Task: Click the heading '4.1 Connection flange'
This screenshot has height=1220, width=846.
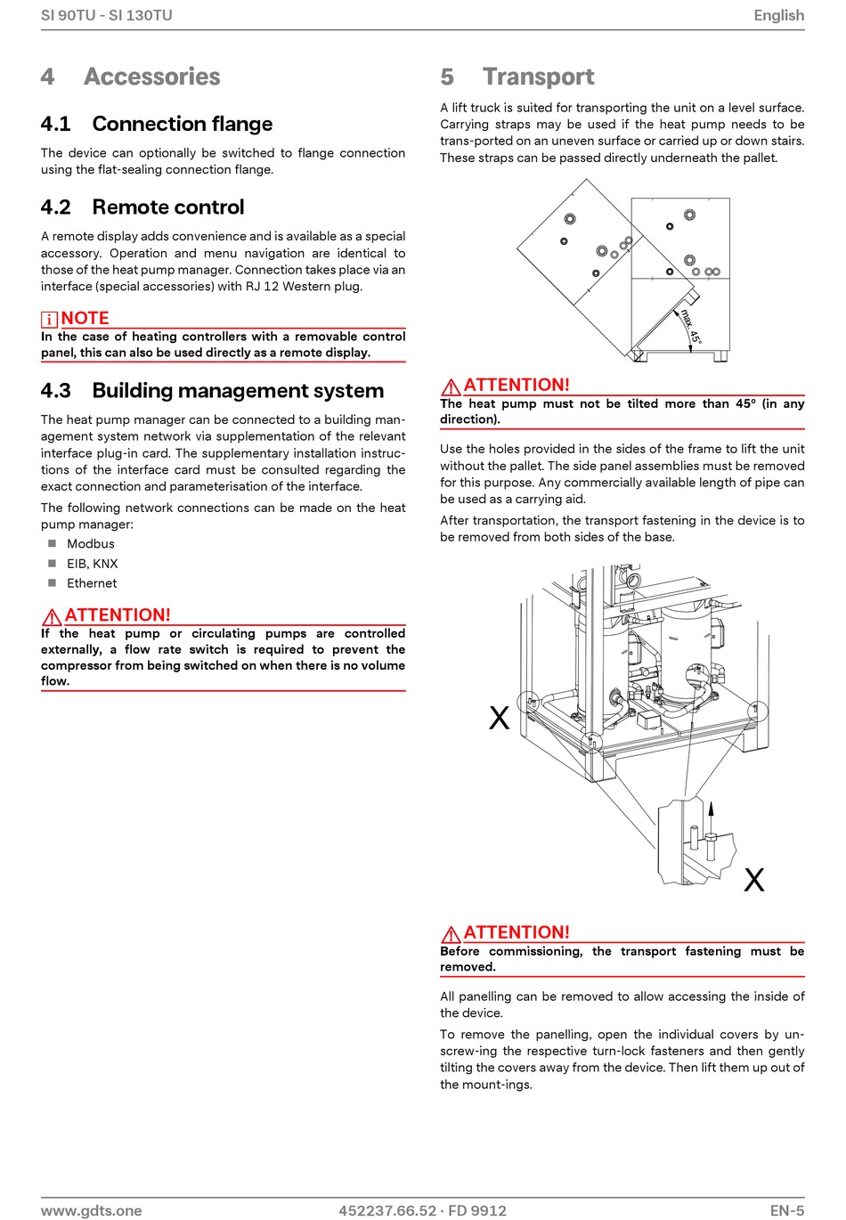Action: tap(157, 124)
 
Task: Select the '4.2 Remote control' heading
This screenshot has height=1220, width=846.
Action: tap(142, 207)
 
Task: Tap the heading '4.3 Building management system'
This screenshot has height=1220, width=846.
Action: tap(212, 391)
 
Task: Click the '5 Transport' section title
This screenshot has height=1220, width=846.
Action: tap(517, 77)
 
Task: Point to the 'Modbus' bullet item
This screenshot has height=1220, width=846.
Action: tap(91, 544)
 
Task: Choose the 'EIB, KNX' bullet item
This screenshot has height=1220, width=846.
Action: tap(93, 564)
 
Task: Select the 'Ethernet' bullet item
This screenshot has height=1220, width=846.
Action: tap(92, 583)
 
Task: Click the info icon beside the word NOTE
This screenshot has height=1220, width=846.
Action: tap(49, 319)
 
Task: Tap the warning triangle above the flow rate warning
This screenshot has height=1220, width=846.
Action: tap(52, 616)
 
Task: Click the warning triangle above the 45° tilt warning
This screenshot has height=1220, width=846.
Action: tap(451, 386)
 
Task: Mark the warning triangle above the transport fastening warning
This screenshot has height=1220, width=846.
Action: tap(451, 934)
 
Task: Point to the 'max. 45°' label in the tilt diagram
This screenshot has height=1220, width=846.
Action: tap(691, 327)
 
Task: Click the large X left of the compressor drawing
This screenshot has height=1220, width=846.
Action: tap(500, 718)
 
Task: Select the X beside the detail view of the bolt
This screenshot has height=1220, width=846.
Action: tap(754, 880)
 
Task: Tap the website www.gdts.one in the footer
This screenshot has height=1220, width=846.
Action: tap(92, 1210)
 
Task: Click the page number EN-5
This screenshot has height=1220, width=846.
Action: tap(787, 1210)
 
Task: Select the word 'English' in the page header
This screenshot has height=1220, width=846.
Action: tap(778, 15)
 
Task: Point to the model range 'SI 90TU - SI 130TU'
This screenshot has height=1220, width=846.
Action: tap(107, 15)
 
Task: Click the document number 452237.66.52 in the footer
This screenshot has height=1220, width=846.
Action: tap(387, 1210)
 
